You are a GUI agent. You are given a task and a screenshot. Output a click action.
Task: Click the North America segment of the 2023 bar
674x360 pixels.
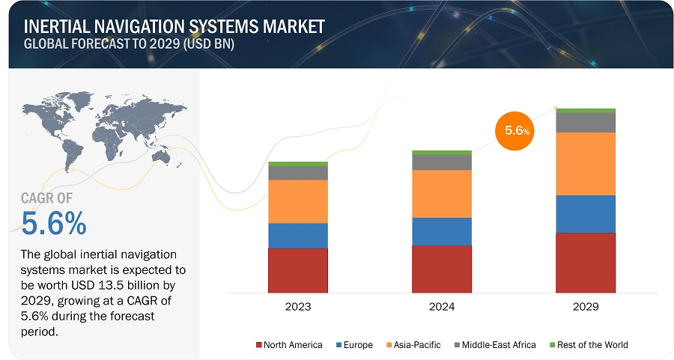tap(297, 270)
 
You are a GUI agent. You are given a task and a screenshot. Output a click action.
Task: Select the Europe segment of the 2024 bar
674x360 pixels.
tap(441, 231)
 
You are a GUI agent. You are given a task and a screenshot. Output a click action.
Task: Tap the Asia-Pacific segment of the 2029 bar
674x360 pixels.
tap(585, 164)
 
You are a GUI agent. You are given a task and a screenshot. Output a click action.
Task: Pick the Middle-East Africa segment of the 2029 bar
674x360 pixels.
tap(585, 123)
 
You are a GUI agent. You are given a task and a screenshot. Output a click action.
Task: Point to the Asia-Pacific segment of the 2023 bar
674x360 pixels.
tap(297, 201)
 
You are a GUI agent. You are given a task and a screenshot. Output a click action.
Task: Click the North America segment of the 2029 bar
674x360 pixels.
tap(585, 263)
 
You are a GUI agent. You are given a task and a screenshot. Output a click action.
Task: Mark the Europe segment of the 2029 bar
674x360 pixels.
tap(585, 214)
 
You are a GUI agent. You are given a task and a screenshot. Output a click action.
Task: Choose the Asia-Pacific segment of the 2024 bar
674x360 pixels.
tap(441, 194)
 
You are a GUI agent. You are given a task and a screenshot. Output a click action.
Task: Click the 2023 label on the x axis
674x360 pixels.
tap(297, 307)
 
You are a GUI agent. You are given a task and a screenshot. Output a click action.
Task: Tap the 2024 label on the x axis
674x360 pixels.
tap(441, 307)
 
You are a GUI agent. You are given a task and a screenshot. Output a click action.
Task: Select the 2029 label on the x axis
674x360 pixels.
tap(585, 307)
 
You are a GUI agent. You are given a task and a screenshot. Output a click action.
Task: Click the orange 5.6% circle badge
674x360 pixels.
tap(516, 130)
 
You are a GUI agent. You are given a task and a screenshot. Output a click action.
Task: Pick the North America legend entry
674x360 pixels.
tap(289, 345)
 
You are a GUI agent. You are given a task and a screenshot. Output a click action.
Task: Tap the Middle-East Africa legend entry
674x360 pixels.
tap(494, 345)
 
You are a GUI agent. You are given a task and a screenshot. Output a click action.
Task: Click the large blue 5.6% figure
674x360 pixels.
tap(54, 223)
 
